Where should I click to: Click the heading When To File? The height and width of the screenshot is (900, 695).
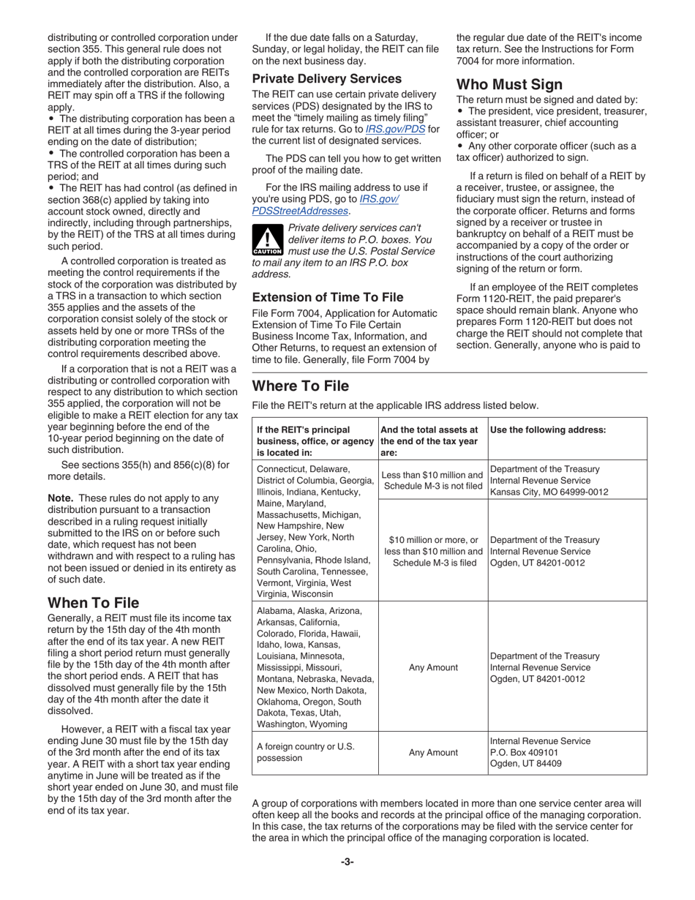point(93,603)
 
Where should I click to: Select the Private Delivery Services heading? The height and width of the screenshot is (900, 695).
point(326,78)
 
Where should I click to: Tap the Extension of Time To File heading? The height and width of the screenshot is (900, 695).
point(327,297)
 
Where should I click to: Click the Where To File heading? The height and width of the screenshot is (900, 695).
point(300,386)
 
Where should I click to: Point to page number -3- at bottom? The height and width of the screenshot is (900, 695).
point(347,862)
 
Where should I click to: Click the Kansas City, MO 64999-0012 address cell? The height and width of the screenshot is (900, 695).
point(549,480)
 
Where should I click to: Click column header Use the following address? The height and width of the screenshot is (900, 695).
point(547,430)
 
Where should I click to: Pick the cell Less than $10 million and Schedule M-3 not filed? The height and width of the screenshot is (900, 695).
point(432,480)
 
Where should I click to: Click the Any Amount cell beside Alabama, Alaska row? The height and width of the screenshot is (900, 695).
point(433,667)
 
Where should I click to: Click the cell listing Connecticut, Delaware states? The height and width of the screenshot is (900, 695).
point(315,531)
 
